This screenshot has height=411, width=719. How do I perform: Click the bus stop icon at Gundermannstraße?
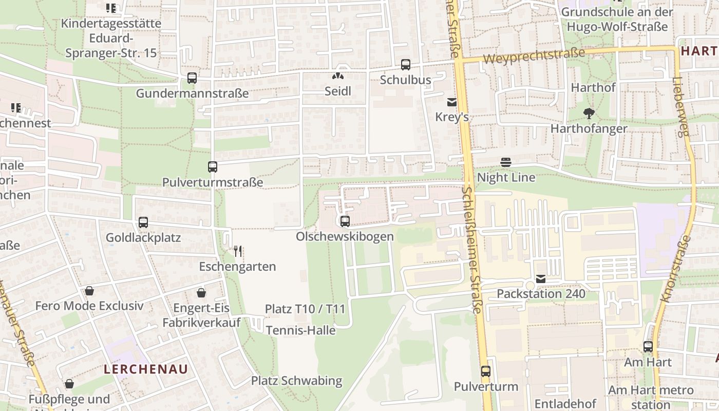(192, 78)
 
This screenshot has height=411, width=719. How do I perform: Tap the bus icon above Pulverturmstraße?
(213, 166)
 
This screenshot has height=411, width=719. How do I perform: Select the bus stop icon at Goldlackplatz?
(143, 222)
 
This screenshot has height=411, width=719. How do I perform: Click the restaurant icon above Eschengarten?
(237, 251)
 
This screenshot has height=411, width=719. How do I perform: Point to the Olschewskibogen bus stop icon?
(345, 221)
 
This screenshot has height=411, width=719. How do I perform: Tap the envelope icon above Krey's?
(452, 102)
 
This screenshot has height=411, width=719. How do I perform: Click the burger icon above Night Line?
(506, 162)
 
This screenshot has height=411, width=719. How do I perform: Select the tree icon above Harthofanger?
(589, 113)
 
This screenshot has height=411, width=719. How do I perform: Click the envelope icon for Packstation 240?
(541, 279)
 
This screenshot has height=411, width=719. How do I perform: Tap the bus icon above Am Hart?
(648, 347)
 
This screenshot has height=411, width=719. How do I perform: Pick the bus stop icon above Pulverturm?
(486, 371)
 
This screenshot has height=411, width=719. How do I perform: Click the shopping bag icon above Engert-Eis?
(201, 293)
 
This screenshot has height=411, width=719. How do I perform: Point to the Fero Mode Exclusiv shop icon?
(89, 291)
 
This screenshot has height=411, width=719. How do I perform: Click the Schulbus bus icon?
(406, 65)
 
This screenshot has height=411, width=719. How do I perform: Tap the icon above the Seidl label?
(337, 76)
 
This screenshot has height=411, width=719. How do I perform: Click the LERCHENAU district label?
(146, 369)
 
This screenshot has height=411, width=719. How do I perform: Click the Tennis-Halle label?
(300, 330)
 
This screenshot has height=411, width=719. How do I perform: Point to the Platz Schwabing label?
(296, 381)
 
